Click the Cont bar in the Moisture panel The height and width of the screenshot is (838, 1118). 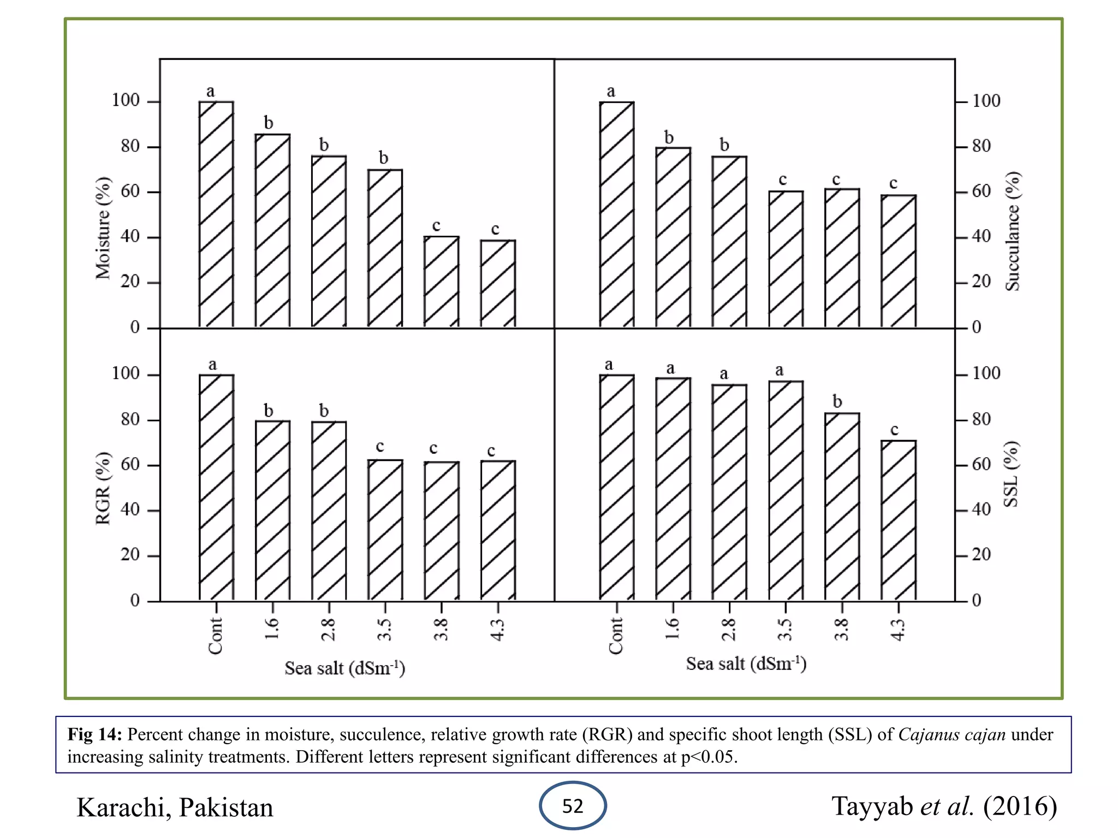[216, 214]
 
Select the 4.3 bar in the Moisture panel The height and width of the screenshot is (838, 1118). [498, 283]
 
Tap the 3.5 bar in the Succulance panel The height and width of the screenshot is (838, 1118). [786, 259]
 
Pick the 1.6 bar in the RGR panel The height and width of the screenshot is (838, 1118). [272, 510]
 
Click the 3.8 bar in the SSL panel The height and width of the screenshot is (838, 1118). [842, 506]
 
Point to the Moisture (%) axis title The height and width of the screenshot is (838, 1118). [103, 228]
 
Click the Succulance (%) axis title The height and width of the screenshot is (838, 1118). [1013, 231]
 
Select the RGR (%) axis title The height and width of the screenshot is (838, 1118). [103, 488]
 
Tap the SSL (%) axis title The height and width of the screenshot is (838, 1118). [1011, 474]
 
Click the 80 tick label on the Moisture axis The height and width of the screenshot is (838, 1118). [130, 146]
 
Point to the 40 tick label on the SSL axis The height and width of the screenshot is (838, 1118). [981, 510]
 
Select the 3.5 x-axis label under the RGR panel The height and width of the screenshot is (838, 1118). [384, 630]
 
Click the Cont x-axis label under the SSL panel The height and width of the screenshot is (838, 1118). [616, 636]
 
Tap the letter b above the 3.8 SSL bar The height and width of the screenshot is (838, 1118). [837, 402]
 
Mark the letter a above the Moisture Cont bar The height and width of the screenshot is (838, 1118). [211, 92]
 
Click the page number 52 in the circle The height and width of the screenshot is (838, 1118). [573, 806]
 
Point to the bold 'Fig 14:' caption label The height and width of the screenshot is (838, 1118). [94, 734]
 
